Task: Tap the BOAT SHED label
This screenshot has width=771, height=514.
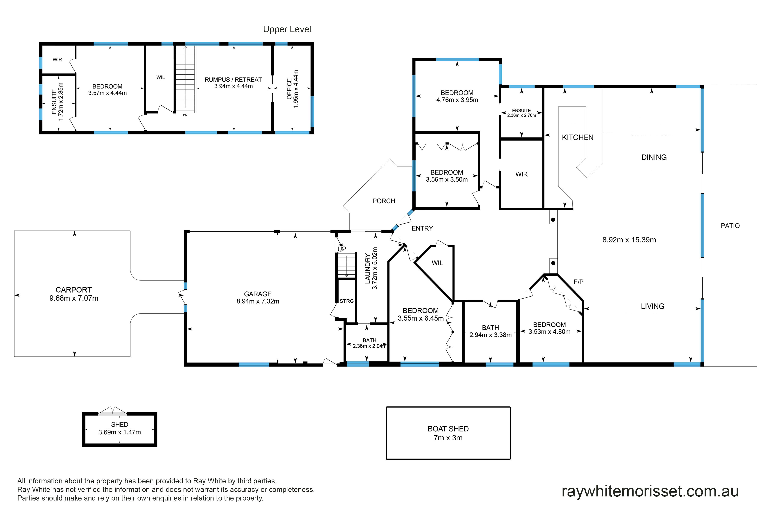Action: pyautogui.click(x=448, y=429)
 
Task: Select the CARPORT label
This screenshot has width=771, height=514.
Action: pyautogui.click(x=74, y=290)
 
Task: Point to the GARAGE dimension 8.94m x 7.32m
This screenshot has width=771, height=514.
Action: pyautogui.click(x=258, y=301)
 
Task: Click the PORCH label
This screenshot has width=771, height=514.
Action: pyautogui.click(x=384, y=201)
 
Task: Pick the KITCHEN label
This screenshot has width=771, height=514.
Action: pyautogui.click(x=578, y=137)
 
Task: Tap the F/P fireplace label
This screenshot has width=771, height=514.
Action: pyautogui.click(x=579, y=282)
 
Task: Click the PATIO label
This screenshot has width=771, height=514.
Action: pyautogui.click(x=730, y=226)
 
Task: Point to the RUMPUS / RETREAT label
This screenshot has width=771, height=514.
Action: pyautogui.click(x=233, y=80)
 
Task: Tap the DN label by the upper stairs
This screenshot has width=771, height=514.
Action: pyautogui.click(x=185, y=115)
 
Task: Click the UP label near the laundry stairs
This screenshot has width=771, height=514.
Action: pyautogui.click(x=342, y=249)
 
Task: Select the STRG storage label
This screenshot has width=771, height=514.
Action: pyautogui.click(x=347, y=301)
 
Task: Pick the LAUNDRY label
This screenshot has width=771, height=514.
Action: pyautogui.click(x=368, y=268)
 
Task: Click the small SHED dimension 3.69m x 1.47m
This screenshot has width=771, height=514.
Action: pyautogui.click(x=120, y=432)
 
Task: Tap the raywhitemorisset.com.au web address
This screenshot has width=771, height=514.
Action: pyautogui.click(x=650, y=491)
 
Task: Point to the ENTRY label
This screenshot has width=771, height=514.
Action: pyautogui.click(x=422, y=229)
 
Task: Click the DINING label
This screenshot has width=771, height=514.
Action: pyautogui.click(x=654, y=157)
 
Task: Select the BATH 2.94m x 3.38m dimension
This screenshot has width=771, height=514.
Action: pyautogui.click(x=490, y=335)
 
